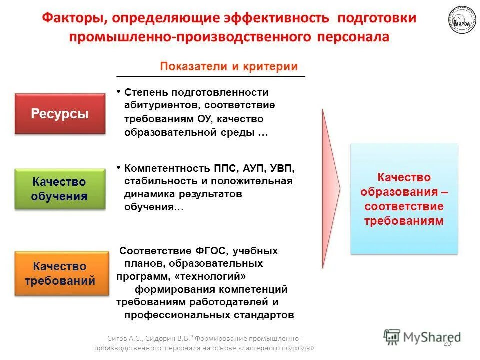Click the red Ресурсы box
(60, 114)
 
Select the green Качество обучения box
(60, 189)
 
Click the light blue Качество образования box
(404, 198)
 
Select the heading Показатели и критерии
(229, 67)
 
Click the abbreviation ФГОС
(208, 251)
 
